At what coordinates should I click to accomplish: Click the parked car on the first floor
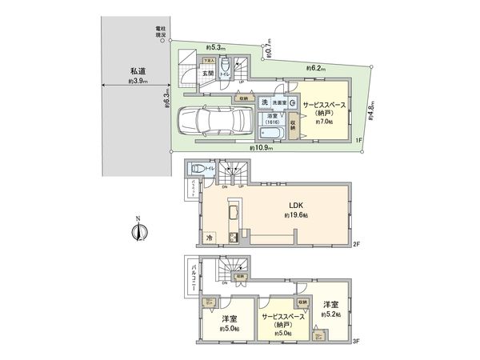tap(209, 122)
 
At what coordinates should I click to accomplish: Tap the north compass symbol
tap(138, 231)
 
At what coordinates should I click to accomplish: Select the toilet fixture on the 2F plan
tap(198, 170)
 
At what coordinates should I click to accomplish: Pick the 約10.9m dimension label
tap(262, 149)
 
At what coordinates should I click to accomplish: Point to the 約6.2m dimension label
tap(318, 70)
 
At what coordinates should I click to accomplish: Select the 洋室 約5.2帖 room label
tap(331, 310)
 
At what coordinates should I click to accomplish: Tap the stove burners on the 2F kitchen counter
tap(233, 235)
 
